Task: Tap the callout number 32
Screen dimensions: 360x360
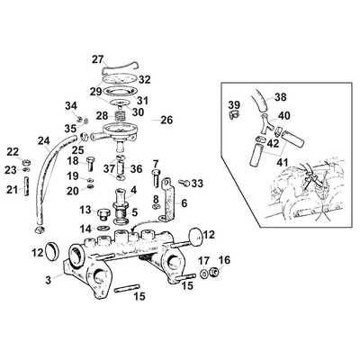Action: [145, 79]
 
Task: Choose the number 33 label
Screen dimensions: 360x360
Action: [198, 184]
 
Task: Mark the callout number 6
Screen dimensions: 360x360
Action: [184, 203]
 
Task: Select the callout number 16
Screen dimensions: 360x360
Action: [225, 260]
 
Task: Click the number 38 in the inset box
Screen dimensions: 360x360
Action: [280, 96]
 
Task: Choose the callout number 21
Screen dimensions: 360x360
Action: [13, 189]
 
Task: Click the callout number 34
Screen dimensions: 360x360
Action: [70, 107]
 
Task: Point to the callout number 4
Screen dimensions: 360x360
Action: [133, 190]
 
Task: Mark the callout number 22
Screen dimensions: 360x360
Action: [13, 151]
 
